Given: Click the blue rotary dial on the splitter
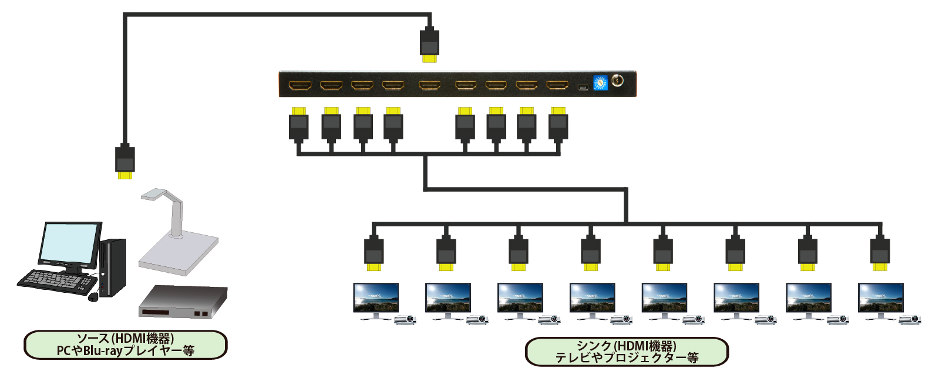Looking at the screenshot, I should (x=600, y=82).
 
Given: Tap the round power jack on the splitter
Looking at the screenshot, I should (x=617, y=80).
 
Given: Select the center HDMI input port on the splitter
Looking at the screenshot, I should (x=429, y=86).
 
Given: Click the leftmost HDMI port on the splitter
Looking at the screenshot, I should (x=300, y=86).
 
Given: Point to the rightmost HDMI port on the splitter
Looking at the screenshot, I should (x=557, y=86).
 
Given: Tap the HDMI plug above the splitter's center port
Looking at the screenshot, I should (x=430, y=45).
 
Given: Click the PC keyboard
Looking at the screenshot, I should (x=56, y=279).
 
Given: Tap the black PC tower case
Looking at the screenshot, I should (x=113, y=268).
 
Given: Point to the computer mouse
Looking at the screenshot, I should (x=93, y=297).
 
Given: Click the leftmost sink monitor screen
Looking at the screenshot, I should (x=376, y=298).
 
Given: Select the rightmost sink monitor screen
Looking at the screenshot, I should (x=880, y=298).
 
